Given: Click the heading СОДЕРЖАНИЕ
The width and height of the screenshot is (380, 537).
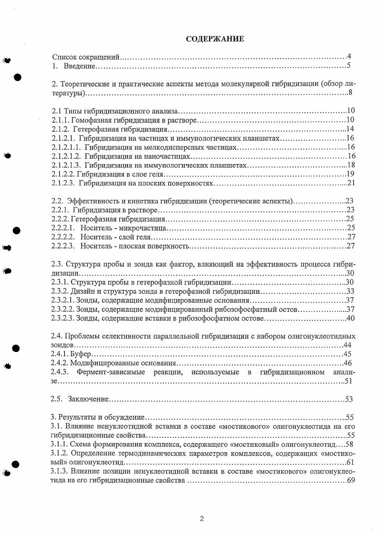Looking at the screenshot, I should tap(215, 39).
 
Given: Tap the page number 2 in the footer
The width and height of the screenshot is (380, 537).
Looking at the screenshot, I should tap(201, 518).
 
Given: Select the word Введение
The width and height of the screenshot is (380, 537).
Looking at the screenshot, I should tap(80, 65).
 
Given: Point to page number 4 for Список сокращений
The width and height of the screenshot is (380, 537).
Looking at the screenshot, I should tap(349, 56).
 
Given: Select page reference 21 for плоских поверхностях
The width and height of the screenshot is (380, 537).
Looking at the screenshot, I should tap(351, 183).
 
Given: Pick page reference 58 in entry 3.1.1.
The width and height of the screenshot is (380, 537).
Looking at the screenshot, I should tap(351, 444).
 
